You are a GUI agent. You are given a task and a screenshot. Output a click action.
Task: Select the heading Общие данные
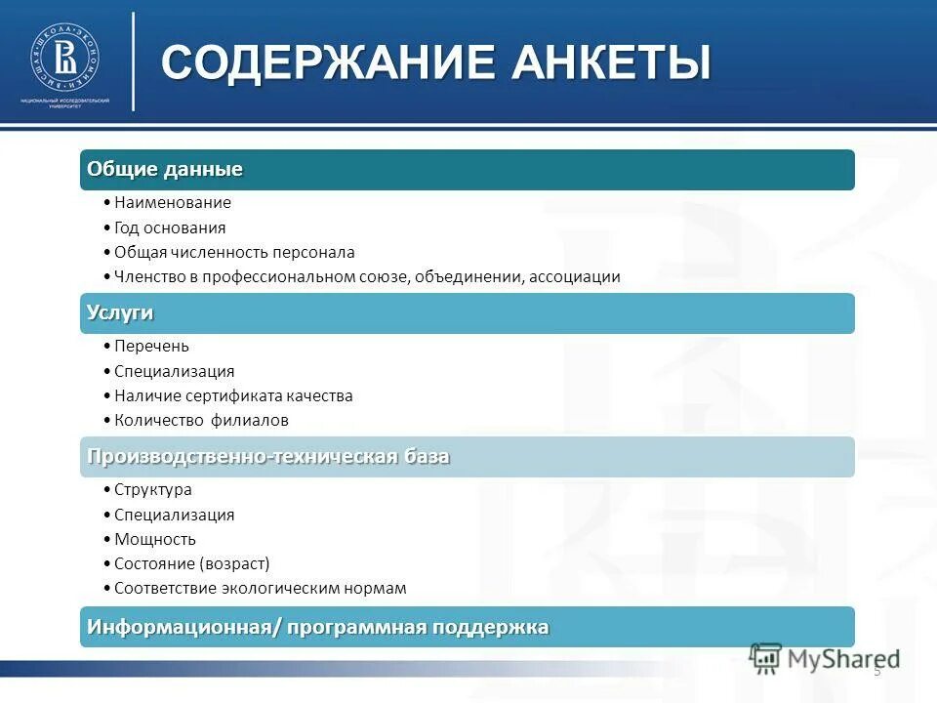tap(165, 170)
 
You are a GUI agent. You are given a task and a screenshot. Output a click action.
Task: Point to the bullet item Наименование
tap(172, 203)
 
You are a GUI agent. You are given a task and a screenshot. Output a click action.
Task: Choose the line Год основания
tap(169, 227)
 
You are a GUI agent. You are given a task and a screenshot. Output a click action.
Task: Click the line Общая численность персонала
tap(233, 252)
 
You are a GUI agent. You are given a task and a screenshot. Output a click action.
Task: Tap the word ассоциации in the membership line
tap(575, 277)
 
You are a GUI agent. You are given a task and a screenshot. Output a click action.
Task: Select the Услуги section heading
tap(120, 313)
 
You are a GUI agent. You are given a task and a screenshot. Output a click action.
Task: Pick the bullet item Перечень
tap(151, 347)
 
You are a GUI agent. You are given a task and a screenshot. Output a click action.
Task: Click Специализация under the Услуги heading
tap(174, 371)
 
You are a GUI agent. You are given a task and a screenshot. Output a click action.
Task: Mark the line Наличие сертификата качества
tap(232, 396)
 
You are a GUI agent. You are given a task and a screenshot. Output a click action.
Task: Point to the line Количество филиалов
tap(201, 421)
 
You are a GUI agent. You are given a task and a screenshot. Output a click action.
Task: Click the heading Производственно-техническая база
tap(268, 457)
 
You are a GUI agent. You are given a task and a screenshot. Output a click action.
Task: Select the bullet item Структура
tap(152, 490)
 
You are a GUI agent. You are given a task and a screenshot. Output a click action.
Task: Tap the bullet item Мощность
tap(154, 539)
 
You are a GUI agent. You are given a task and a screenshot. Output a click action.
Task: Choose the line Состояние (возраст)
tap(191, 564)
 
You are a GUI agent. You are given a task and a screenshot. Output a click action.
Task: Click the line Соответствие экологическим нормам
tap(260, 589)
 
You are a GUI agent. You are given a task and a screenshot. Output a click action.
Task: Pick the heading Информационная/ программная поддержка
tap(317, 627)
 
